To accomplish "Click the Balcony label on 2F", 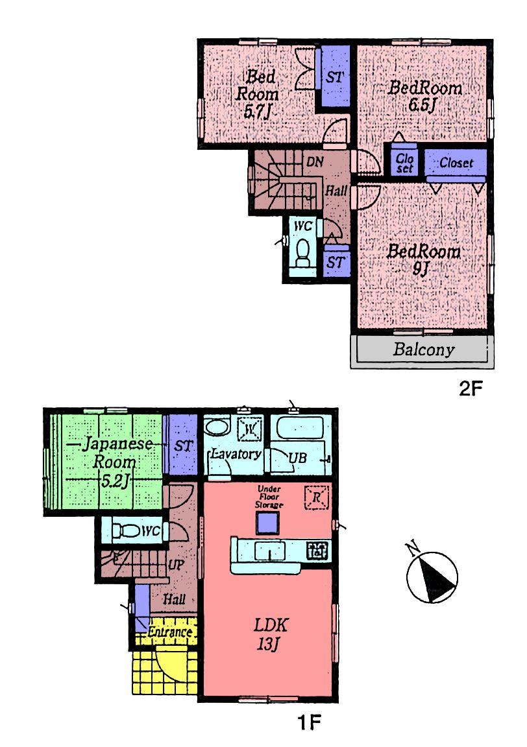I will pyautogui.click(x=423, y=351).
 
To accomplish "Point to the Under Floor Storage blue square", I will pyautogui.click(x=267, y=523).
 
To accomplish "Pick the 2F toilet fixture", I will pyautogui.click(x=303, y=254).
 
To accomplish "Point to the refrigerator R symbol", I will pyautogui.click(x=317, y=498).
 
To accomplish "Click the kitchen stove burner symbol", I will pyautogui.click(x=318, y=551).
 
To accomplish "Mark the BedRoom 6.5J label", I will pyautogui.click(x=425, y=95).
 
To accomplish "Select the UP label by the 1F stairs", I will pyautogui.click(x=175, y=565).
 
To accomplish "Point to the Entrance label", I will pyautogui.click(x=170, y=632).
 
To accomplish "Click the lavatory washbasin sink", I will pyautogui.click(x=217, y=428).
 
